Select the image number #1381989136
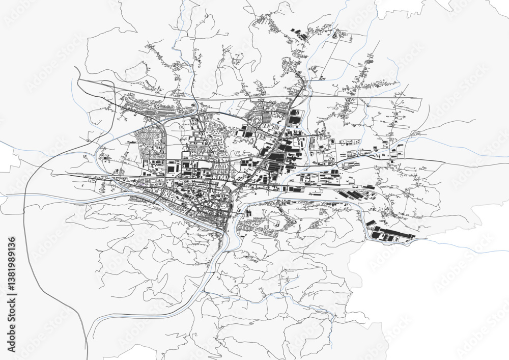point(12,265)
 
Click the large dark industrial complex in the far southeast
point(392,235)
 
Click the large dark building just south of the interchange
point(294,119)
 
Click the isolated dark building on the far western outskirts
point(105,158)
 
